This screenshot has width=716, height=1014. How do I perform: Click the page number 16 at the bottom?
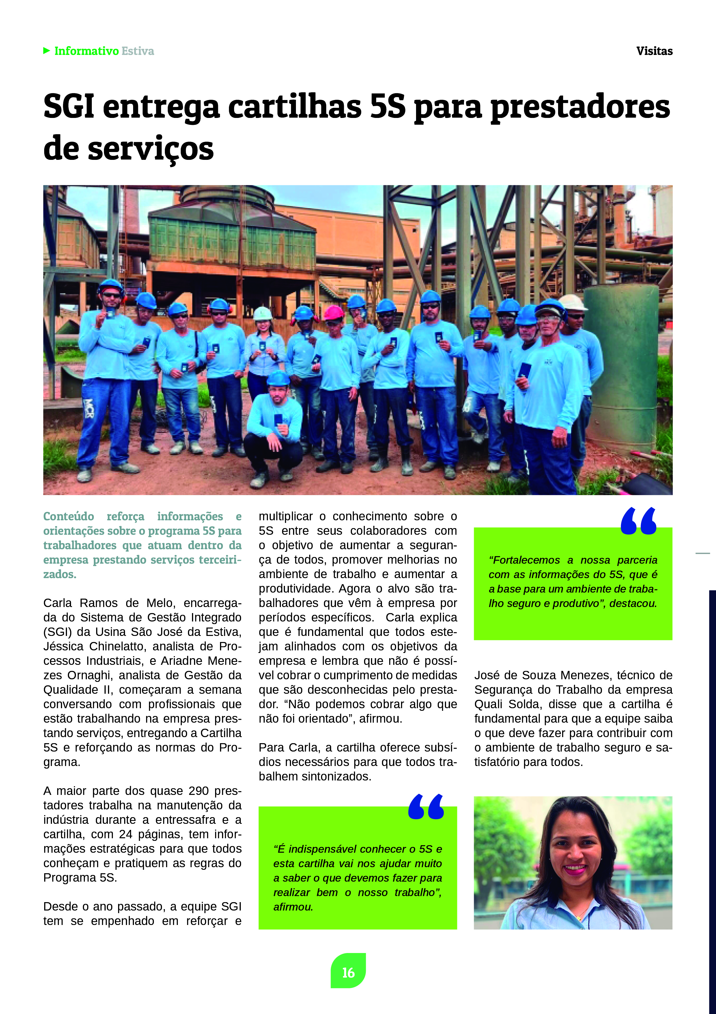point(348,972)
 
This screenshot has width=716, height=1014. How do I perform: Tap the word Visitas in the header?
point(654,51)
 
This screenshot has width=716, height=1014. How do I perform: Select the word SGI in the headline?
point(69,107)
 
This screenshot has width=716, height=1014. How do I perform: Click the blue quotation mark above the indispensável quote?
point(426,806)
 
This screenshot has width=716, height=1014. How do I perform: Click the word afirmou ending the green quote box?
point(293,907)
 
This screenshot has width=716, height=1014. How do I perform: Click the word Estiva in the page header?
point(138,51)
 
